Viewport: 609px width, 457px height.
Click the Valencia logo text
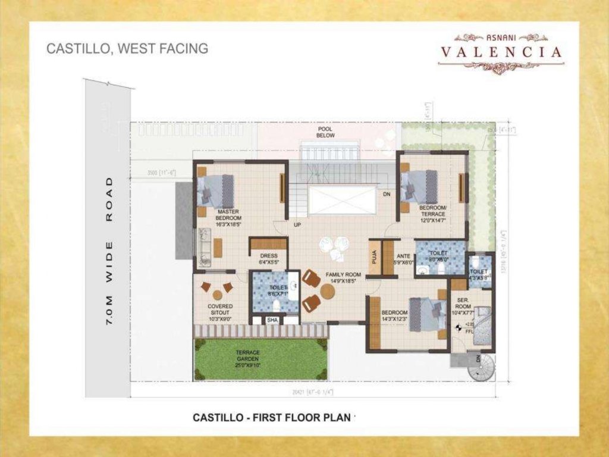501,52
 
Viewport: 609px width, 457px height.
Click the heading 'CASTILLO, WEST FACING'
127,49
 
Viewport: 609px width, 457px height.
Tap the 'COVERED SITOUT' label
220,311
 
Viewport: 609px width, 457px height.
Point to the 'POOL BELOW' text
325,132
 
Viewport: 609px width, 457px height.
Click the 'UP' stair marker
297,226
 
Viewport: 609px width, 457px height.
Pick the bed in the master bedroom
216,190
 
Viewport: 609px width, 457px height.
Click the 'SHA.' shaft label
273,320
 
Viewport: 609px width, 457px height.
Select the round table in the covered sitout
218,295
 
